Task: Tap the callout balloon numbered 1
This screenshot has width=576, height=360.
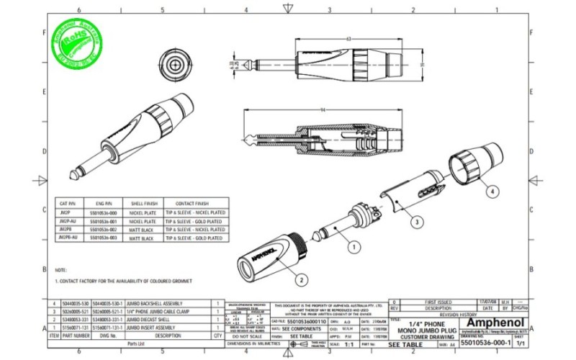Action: coord(354,246)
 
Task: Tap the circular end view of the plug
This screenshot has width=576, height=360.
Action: coord(173,63)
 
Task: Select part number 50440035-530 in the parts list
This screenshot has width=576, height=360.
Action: coord(76,303)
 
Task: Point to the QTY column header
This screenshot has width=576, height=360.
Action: coord(217,335)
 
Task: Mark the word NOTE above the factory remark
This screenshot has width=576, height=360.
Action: coord(60,269)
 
